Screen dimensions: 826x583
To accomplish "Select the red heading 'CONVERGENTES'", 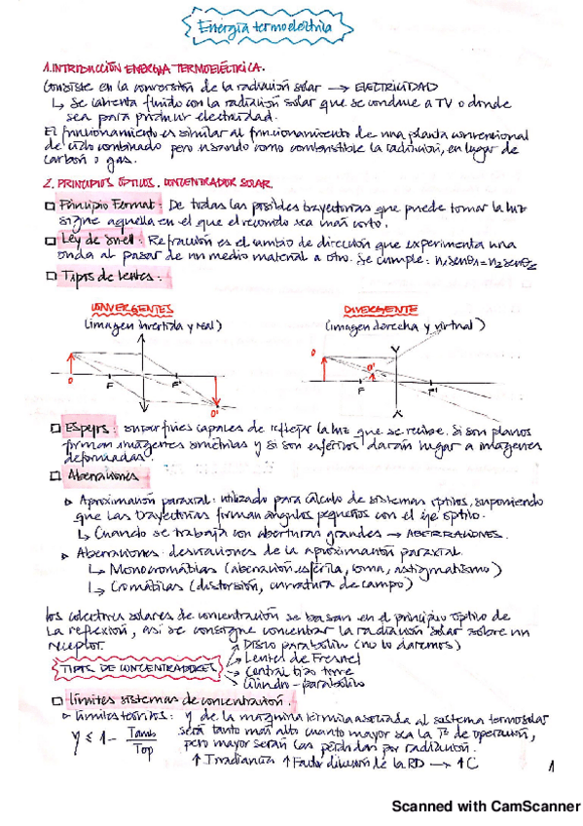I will [125, 308].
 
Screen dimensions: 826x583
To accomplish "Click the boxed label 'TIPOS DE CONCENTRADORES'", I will [109, 671].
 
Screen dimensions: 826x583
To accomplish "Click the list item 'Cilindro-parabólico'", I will [290, 686].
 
